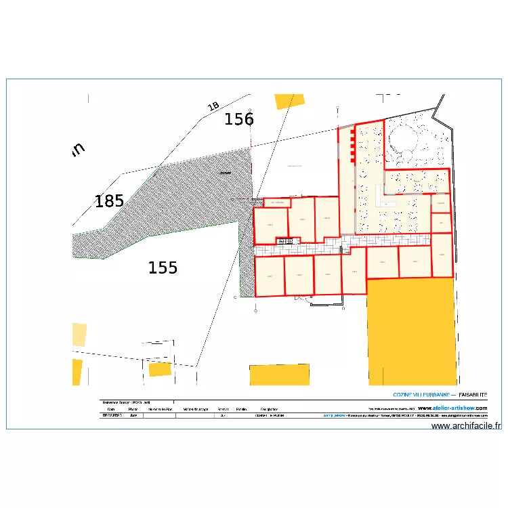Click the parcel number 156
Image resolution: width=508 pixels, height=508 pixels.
click(x=239, y=120)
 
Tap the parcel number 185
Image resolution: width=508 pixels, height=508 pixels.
click(x=109, y=201)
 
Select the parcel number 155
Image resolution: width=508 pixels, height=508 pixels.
click(x=163, y=268)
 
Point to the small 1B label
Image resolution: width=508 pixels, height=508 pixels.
click(x=213, y=106)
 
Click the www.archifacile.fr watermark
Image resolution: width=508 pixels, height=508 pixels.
click(x=466, y=426)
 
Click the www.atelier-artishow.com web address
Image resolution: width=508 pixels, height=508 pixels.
click(x=452, y=408)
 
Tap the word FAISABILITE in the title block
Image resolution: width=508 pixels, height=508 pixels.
click(x=473, y=394)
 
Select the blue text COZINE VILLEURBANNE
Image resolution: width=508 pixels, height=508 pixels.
click(x=423, y=394)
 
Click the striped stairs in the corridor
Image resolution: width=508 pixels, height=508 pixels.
click(x=285, y=240)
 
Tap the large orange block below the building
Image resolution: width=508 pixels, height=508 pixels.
click(x=410, y=332)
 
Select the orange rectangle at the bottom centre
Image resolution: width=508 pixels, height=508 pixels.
click(x=279, y=375)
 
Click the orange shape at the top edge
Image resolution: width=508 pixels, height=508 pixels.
click(x=284, y=102)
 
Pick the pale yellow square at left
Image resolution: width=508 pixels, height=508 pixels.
click(x=79, y=335)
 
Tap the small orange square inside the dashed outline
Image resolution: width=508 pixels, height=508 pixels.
click(x=160, y=369)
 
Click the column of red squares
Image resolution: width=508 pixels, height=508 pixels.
click(x=352, y=146)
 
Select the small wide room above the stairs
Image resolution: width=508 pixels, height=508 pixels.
click(x=276, y=202)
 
